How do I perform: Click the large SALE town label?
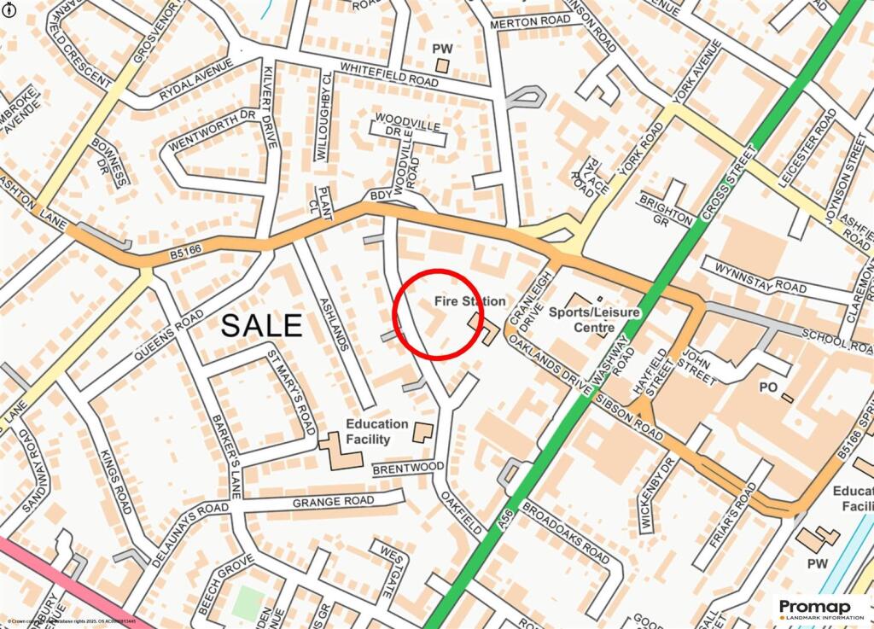click(x=262, y=325)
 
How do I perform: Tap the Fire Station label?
click(x=469, y=301)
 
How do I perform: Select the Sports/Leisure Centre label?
click(x=595, y=319)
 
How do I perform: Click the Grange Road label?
click(x=333, y=501)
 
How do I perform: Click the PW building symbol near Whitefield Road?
click(x=441, y=66)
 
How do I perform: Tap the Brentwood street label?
click(x=408, y=467)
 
